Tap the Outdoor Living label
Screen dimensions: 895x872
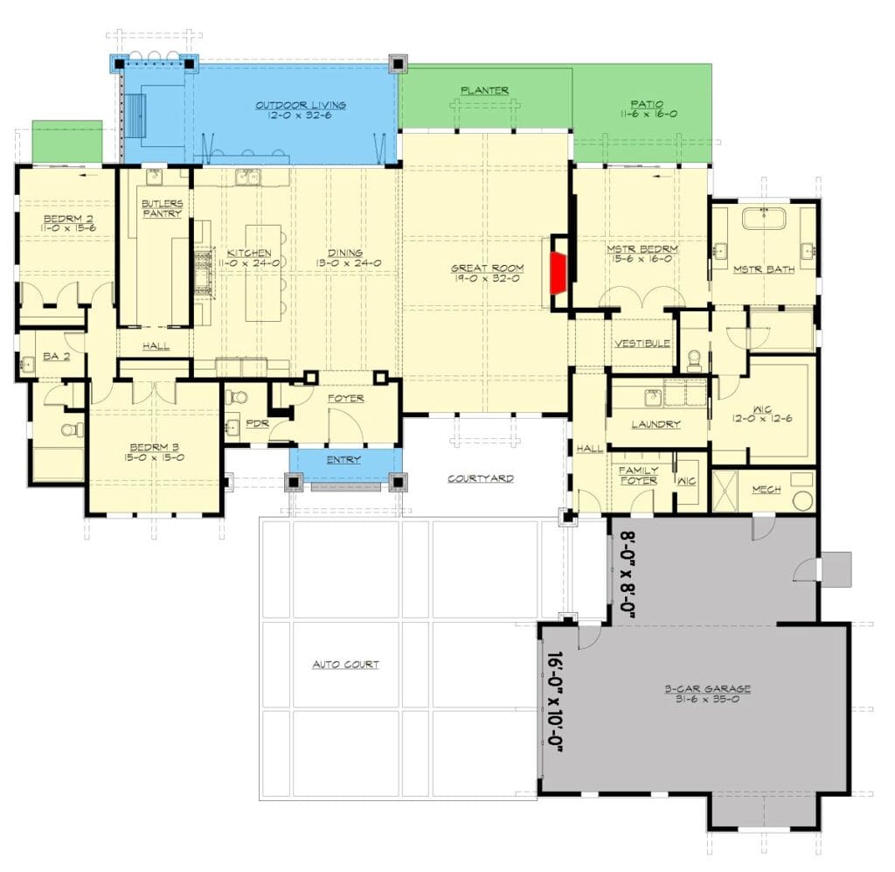(301, 105)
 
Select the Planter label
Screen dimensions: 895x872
(484, 90)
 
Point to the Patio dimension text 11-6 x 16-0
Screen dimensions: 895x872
(649, 114)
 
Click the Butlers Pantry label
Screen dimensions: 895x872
(162, 208)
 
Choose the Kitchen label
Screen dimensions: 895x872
(249, 253)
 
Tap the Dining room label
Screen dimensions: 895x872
(345, 253)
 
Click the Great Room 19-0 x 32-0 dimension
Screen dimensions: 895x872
(488, 279)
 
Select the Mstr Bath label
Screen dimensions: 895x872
(764, 269)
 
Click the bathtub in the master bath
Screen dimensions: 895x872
(764, 218)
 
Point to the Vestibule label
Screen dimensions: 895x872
(642, 343)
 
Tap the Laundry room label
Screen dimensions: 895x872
(656, 423)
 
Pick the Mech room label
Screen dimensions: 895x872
(766, 490)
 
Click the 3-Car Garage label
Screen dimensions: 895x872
(707, 688)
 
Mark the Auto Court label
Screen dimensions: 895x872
(345, 664)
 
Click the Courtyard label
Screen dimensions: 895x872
(481, 478)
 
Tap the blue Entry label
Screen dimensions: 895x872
(343, 459)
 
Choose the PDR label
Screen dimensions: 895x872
(257, 423)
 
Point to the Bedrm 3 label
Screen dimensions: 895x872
(154, 447)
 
